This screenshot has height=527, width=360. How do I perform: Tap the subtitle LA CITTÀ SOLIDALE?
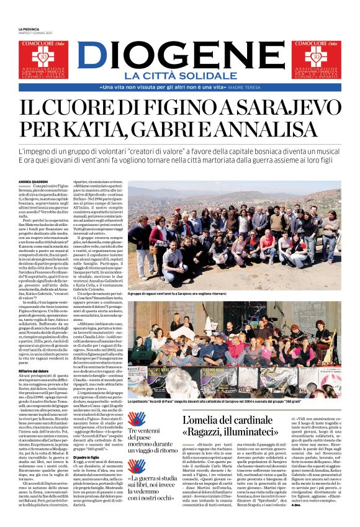point(180,76)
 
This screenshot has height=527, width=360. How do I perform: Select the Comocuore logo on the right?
point(317,60)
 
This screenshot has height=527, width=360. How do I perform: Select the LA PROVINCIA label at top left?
point(29,29)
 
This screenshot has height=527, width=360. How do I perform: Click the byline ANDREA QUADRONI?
point(33,181)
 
